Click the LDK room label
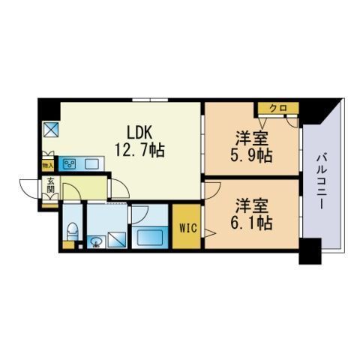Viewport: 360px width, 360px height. (139, 132)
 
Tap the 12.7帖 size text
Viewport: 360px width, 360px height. (139, 150)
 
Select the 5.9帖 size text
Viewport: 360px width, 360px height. (251, 155)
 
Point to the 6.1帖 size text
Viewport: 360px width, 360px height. (251, 223)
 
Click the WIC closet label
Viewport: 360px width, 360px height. (188, 228)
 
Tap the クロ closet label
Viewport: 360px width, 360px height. (278, 109)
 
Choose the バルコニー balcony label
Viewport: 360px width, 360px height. (321, 181)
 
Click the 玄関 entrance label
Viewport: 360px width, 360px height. (50, 185)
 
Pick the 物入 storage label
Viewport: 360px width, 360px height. (47, 166)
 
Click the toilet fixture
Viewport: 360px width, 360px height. (73, 231)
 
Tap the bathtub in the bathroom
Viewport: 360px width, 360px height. (150, 237)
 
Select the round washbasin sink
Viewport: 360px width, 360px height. (96, 241)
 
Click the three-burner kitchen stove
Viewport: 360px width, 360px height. (70, 164)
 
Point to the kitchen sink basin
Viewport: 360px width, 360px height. (91, 164)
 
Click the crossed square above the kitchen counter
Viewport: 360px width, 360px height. (51, 130)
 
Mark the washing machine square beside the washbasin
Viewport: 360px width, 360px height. (117, 240)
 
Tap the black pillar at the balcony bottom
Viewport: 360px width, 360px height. (310, 251)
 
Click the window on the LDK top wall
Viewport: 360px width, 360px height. (150, 100)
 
